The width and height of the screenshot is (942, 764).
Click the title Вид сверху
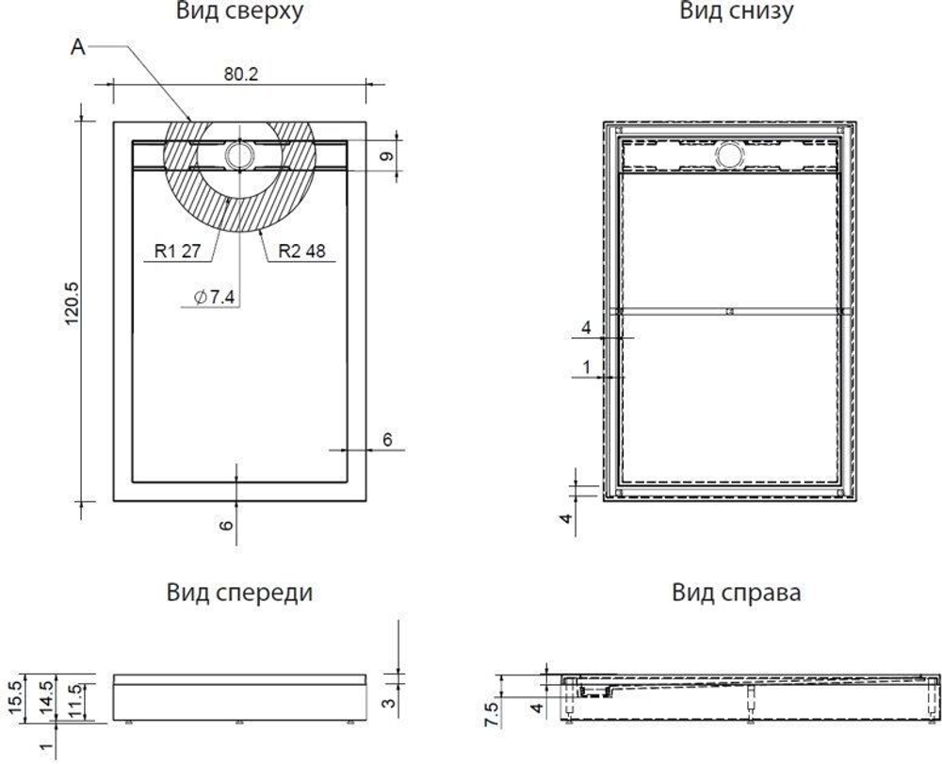tap(239, 12)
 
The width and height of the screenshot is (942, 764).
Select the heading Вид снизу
tap(736, 12)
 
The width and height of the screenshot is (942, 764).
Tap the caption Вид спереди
tap(239, 593)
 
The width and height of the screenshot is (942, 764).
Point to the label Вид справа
tap(736, 593)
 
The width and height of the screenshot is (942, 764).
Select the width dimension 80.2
tap(240, 74)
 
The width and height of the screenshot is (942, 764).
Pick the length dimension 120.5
tap(72, 303)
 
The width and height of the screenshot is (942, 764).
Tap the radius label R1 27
tap(177, 252)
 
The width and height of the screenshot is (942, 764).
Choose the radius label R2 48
tap(301, 252)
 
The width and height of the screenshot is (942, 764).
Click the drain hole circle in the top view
tap(239, 154)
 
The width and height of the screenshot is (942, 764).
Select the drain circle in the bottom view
tap(730, 154)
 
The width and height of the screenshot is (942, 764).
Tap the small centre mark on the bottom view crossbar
tap(730, 311)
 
